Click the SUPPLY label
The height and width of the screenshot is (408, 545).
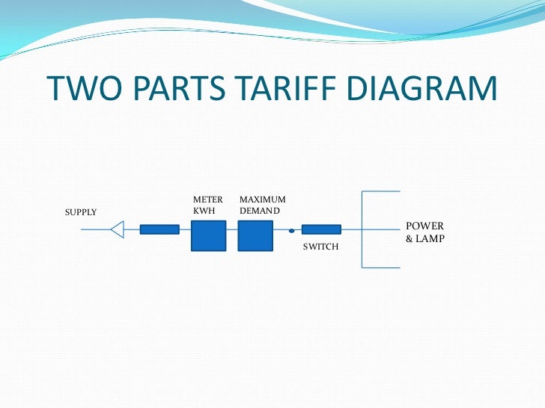(x=81, y=212)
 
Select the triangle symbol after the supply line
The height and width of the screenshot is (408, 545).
(x=117, y=229)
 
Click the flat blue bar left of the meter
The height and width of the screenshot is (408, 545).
(x=159, y=229)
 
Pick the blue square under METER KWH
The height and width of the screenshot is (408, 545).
(x=208, y=235)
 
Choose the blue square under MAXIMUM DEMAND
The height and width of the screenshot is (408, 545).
(x=255, y=235)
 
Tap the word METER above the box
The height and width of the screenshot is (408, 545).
(x=208, y=200)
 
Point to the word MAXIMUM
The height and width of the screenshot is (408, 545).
(x=262, y=200)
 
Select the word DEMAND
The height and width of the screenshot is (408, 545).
(x=260, y=211)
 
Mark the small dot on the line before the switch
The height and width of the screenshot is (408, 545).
(x=290, y=231)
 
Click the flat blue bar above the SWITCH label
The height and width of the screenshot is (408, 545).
(x=321, y=229)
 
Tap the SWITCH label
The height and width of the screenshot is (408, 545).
(x=320, y=247)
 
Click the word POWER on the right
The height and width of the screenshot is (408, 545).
(x=424, y=226)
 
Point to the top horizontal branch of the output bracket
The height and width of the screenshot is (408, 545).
(x=381, y=191)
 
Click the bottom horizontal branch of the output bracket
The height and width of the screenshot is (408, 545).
(x=381, y=267)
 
